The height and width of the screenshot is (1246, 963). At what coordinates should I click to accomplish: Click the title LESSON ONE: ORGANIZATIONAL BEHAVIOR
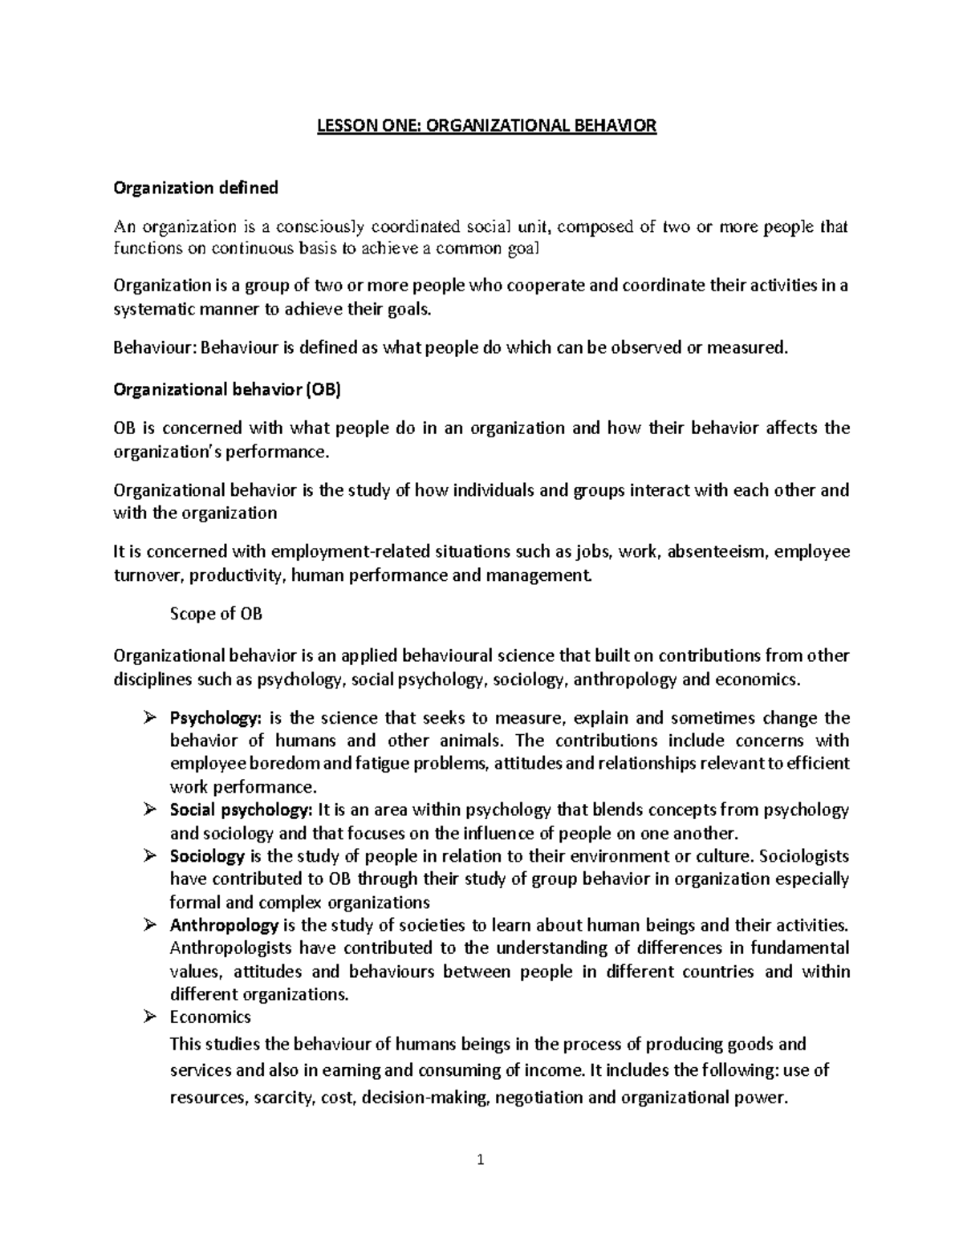pos(481,126)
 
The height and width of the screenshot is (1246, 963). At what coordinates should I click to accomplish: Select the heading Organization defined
pos(196,188)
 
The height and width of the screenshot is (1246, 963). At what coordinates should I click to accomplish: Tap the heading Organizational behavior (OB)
pos(228,390)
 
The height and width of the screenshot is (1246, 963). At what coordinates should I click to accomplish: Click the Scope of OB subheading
pos(217,615)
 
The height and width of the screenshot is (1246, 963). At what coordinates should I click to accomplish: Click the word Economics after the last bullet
pos(210,1017)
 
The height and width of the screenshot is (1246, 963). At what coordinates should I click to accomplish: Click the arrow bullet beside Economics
pos(148,1018)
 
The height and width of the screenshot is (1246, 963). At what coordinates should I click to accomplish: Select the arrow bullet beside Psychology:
pos(148,719)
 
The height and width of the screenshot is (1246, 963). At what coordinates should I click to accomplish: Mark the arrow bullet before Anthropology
pos(148,926)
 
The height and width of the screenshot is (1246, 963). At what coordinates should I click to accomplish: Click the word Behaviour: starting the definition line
pos(154,347)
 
